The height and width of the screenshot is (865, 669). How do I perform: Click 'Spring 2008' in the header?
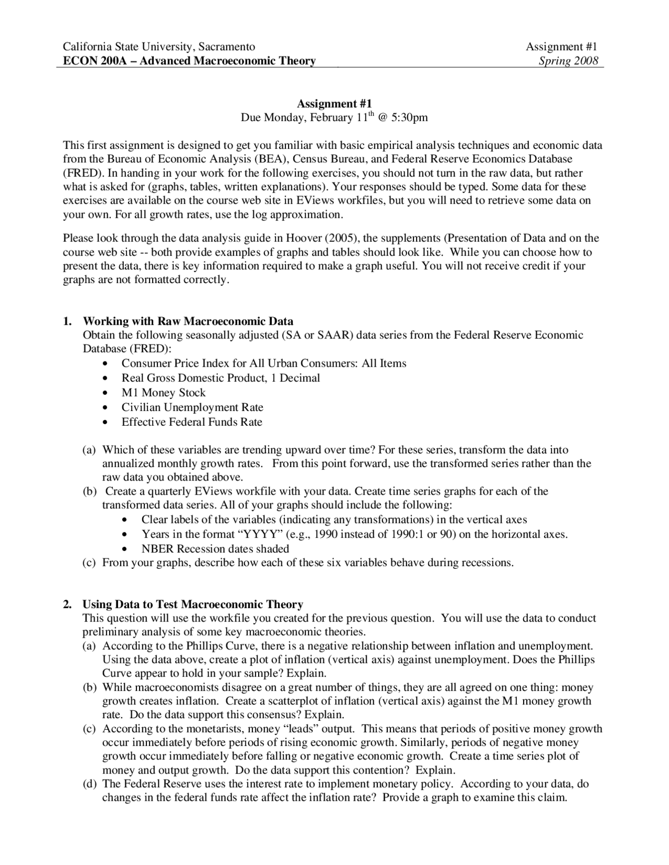click(568, 61)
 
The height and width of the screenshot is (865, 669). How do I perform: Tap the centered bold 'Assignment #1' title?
click(334, 103)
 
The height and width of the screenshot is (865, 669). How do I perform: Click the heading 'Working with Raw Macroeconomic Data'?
click(188, 321)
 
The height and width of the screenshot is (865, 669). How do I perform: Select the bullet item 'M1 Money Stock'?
click(164, 392)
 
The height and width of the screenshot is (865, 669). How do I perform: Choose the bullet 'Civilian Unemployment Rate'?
click(192, 407)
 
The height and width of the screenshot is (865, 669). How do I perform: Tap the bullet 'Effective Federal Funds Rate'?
click(192, 422)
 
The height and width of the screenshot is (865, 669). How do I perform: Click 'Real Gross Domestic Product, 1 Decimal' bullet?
click(221, 378)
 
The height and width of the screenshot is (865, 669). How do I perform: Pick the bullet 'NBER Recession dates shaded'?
click(215, 548)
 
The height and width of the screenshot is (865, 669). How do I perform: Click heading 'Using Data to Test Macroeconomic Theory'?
click(192, 604)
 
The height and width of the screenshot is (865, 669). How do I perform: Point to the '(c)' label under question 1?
click(89, 563)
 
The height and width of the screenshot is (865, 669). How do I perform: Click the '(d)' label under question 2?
click(89, 784)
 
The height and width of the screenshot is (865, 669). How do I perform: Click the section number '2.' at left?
click(67, 604)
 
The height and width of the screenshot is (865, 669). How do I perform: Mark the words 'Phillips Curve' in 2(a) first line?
click(220, 646)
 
